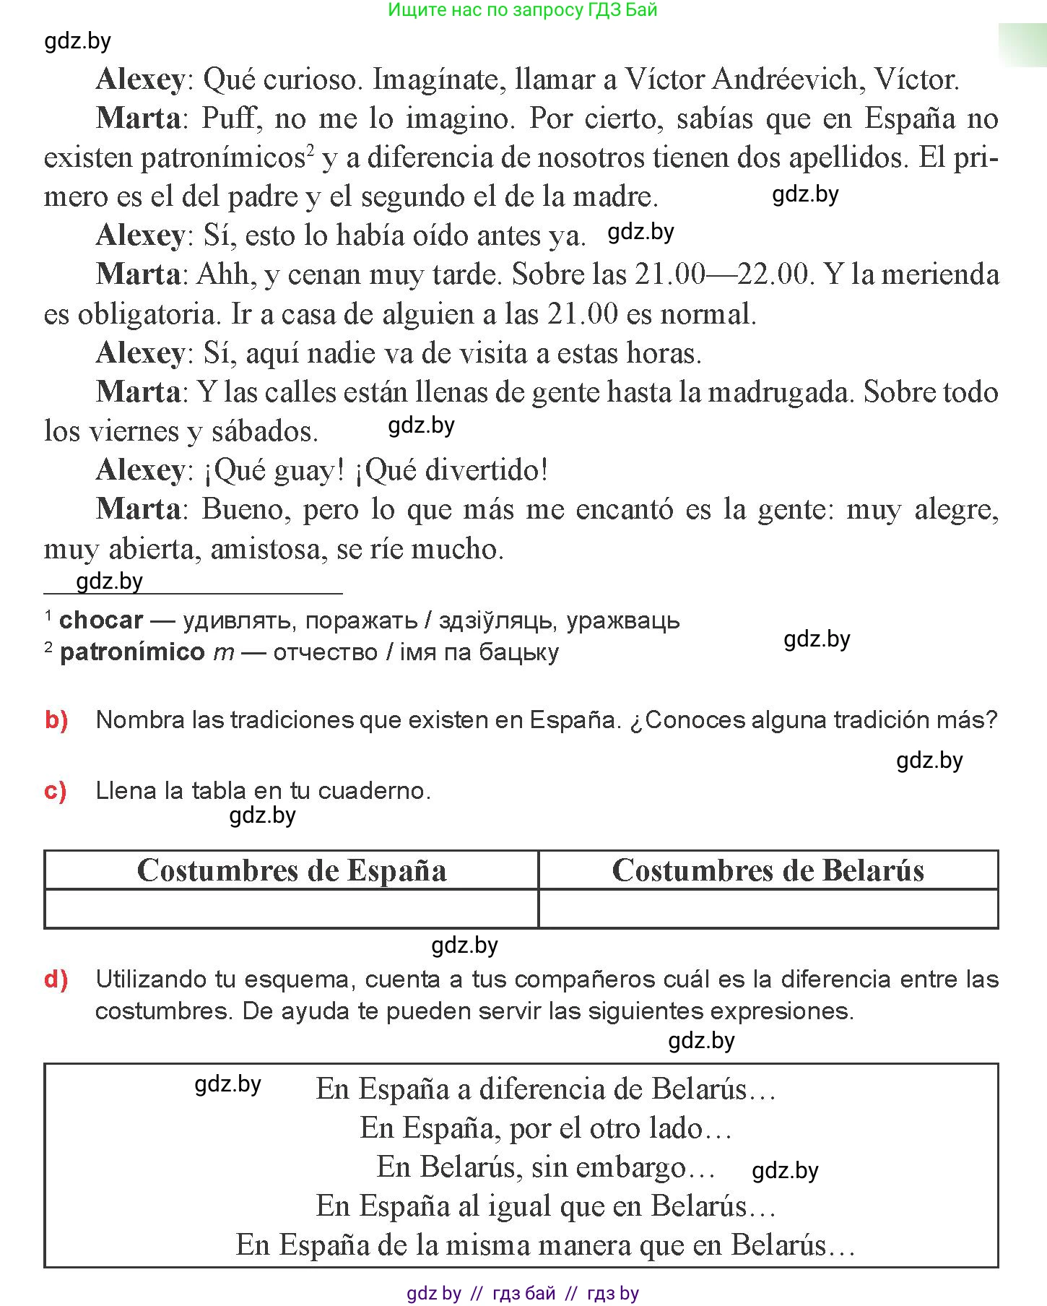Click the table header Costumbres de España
click(292, 870)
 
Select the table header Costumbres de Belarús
click(768, 870)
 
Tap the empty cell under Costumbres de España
click(292, 909)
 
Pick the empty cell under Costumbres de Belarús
click(768, 909)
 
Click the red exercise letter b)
click(56, 720)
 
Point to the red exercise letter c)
click(56, 791)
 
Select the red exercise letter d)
click(56, 979)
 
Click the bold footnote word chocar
click(101, 620)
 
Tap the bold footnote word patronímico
click(133, 652)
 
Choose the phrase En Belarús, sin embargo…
click(547, 1167)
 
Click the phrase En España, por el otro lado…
click(547, 1128)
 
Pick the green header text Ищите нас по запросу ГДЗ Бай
click(523, 10)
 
